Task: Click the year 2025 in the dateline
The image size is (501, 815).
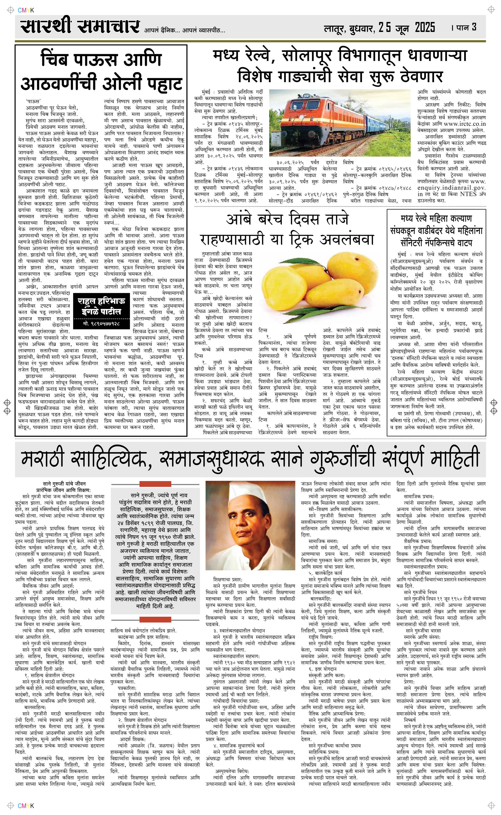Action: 425,28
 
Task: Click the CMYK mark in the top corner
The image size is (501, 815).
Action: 26,11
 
